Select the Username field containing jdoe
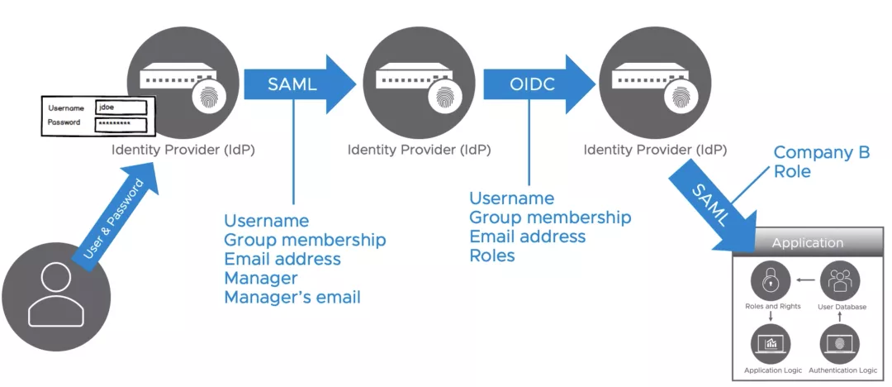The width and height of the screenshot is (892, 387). (x=121, y=107)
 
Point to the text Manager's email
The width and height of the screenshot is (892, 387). (x=292, y=297)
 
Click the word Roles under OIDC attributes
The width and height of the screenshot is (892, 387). (x=491, y=256)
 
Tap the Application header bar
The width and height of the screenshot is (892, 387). (x=807, y=242)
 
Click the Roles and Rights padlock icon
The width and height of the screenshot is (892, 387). (x=770, y=281)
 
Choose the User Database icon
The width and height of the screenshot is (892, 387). (x=841, y=281)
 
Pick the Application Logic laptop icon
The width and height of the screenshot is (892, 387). (x=770, y=342)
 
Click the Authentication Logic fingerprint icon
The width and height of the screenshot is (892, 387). (x=841, y=342)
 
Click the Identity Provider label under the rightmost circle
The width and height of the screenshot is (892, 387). (x=655, y=150)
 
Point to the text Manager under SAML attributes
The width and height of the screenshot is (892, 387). (x=260, y=278)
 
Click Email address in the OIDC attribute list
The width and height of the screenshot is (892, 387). (x=527, y=236)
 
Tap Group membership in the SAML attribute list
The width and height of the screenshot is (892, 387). (x=305, y=240)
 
